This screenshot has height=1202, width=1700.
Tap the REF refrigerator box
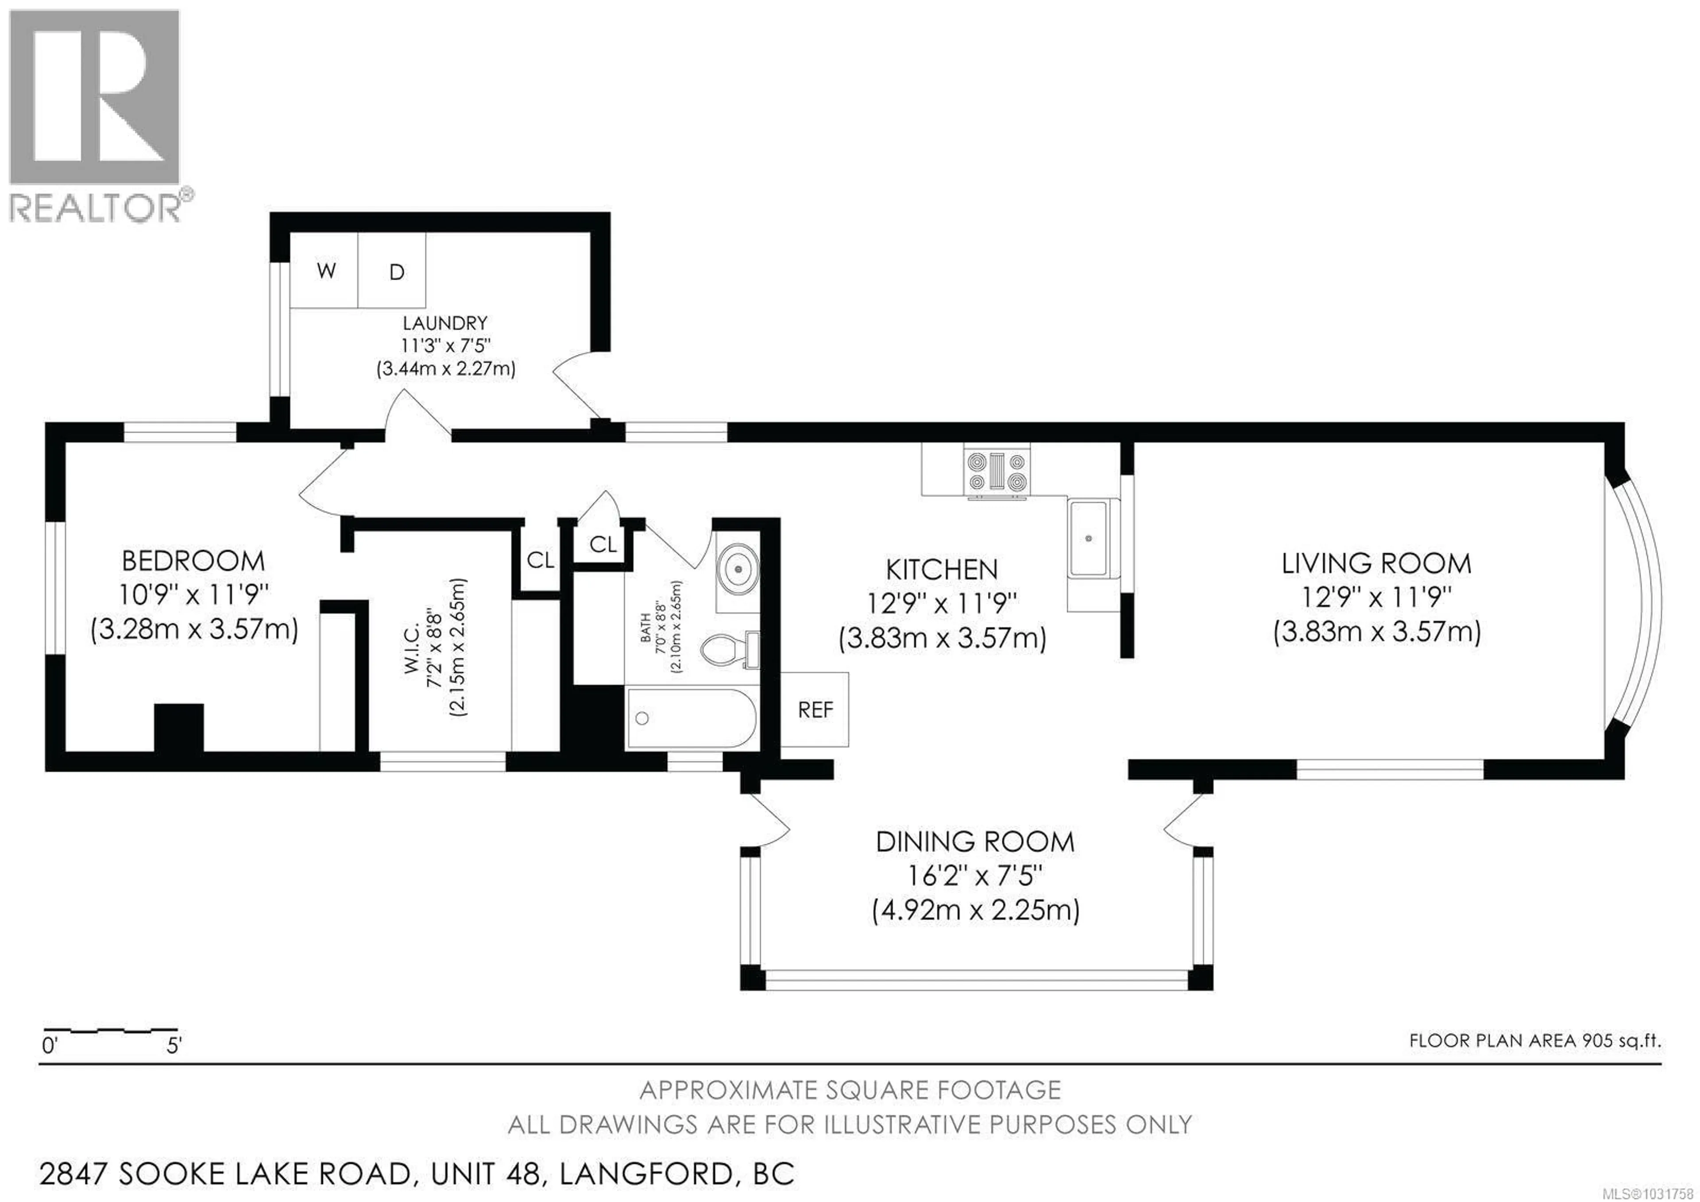pos(815,710)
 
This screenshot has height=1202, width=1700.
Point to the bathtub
pos(690,717)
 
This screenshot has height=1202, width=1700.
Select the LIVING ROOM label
pos(1375,564)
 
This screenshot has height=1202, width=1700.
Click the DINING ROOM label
pos(974,842)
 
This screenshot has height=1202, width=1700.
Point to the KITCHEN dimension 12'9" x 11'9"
pos(942,604)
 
